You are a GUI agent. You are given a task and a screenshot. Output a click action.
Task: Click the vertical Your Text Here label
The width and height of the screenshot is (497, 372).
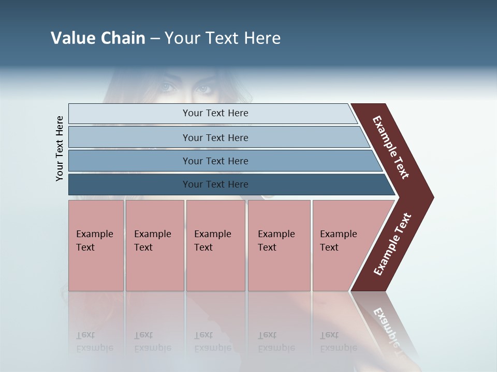60,149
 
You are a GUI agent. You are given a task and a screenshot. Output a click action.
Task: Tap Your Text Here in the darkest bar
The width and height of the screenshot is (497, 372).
215,184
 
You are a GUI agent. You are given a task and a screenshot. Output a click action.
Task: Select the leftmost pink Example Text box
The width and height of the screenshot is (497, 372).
96,245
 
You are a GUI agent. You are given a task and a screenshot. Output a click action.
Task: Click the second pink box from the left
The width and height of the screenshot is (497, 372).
154,245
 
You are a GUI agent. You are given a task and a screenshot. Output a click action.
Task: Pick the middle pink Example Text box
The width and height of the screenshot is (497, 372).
215,245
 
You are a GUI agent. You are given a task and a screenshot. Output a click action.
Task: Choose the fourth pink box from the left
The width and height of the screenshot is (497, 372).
279,245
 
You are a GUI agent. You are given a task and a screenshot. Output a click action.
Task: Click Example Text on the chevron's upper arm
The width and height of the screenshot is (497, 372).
391,147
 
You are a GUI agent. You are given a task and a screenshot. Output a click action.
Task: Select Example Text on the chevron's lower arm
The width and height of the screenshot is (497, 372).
392,244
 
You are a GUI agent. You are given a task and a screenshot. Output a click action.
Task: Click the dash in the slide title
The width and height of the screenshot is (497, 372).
155,38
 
